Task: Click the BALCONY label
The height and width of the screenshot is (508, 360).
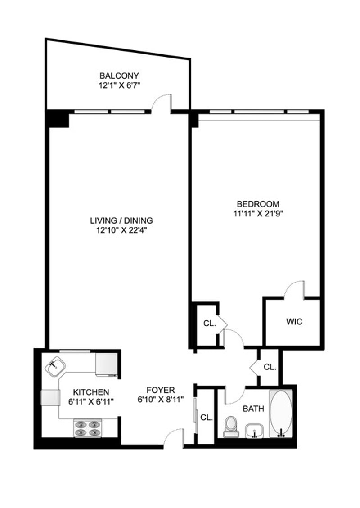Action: click(119, 76)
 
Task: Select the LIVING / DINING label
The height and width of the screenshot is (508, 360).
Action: click(121, 220)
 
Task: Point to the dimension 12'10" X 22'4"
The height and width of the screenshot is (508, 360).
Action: click(121, 230)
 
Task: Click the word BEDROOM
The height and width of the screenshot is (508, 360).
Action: click(258, 204)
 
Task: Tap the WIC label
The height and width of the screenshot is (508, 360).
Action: click(294, 322)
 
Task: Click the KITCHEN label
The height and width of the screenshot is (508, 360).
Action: click(91, 392)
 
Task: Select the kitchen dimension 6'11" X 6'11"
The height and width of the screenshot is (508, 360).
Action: click(91, 402)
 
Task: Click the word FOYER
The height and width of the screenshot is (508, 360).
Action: click(161, 390)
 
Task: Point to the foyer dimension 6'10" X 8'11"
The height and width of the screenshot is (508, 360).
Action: click(161, 400)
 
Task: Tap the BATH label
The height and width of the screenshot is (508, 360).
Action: click(253, 409)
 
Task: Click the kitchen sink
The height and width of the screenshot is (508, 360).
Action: click(55, 366)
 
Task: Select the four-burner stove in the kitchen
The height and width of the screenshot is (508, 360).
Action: click(87, 428)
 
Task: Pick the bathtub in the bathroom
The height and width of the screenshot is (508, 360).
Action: click(281, 414)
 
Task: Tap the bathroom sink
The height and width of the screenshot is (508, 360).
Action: click(254, 431)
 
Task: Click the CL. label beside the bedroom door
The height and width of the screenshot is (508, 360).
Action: click(210, 324)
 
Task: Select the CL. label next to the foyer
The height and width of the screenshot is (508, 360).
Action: click(207, 418)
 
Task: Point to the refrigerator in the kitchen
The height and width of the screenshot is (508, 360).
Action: click(106, 364)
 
